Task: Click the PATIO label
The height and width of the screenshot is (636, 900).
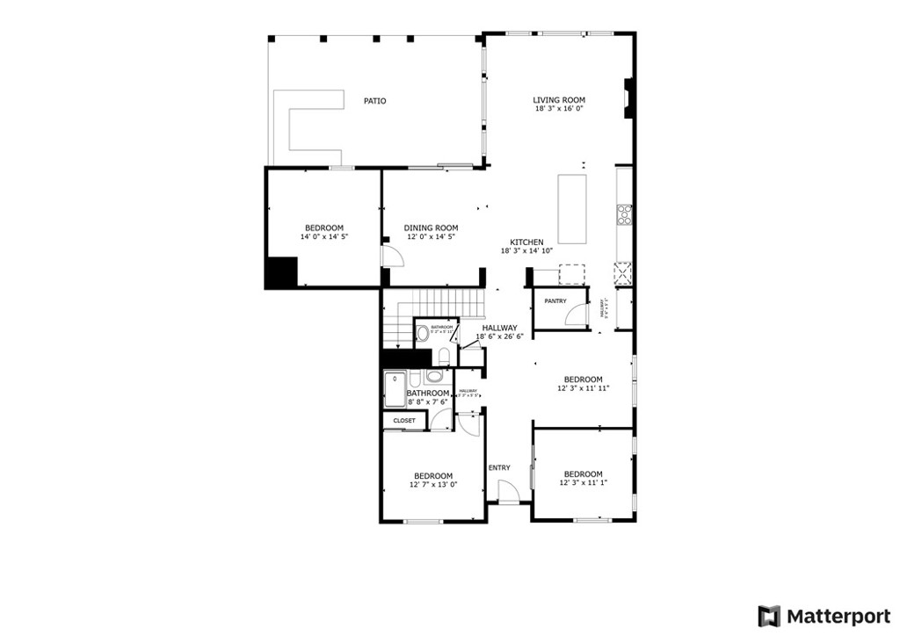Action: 375,101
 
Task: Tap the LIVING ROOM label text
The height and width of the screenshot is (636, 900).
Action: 559,100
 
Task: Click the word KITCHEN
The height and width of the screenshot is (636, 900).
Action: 526,242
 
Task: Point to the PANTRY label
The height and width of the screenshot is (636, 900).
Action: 555,301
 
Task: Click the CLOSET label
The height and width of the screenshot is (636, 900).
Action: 404,421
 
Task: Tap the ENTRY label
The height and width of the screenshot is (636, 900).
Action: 499,467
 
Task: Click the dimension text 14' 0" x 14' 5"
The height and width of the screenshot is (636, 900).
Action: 324,237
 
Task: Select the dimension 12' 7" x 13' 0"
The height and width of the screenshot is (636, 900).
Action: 433,485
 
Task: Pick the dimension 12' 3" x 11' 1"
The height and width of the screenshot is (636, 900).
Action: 584,483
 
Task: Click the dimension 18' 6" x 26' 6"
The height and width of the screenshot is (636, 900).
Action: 499,336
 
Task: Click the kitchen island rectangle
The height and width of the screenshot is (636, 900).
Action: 572,209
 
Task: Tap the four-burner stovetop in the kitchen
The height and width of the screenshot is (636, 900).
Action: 625,213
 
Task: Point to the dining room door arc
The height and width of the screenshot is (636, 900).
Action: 392,256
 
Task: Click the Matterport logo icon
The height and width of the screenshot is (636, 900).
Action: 769,615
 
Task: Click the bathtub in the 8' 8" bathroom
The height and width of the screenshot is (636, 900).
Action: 394,391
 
